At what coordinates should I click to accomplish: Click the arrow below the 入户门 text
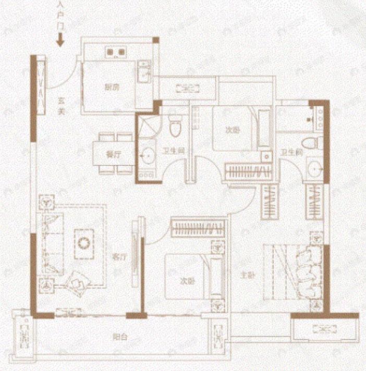60,40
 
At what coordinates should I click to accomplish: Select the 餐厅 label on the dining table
110,155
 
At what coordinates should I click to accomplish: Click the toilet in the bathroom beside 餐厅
175,125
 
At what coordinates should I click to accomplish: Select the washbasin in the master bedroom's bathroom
314,168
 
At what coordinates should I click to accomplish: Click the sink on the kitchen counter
143,73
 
